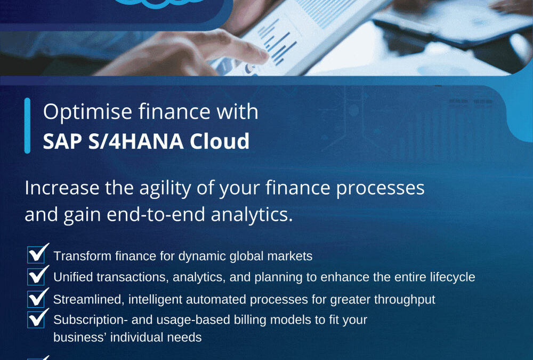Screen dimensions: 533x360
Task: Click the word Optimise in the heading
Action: tap(87, 112)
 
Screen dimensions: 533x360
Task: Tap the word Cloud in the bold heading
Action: tap(220, 141)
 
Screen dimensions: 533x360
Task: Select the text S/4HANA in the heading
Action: tap(136, 141)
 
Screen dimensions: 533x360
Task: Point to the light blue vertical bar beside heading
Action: tap(28, 125)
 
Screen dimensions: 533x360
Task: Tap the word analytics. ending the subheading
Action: tap(252, 215)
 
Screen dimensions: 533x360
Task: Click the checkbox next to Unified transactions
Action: tap(36, 276)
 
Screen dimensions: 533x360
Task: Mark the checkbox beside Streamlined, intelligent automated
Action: tap(36, 299)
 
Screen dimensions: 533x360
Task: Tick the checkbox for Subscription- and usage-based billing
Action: tap(36, 319)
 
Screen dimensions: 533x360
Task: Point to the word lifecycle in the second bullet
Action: tap(453, 277)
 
